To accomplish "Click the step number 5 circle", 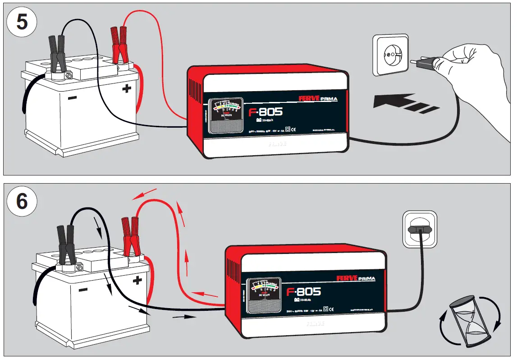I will [21, 22].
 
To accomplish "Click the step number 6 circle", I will [21, 202].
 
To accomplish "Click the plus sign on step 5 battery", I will [127, 88].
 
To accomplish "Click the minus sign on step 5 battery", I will [72, 98].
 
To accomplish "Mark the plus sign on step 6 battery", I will [137, 280].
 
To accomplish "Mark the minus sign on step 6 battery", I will [82, 289].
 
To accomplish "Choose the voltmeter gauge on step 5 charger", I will [226, 115].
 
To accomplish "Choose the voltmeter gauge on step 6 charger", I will [264, 296].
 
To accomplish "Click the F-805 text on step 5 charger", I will [265, 112].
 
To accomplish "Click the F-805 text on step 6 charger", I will [303, 292].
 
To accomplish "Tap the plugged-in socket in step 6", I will [419, 230].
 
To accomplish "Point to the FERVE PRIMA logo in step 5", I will [318, 98].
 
